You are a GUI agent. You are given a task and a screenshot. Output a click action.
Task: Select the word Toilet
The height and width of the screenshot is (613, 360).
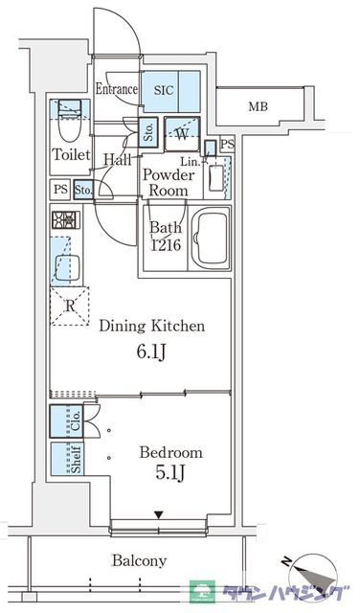(71, 154)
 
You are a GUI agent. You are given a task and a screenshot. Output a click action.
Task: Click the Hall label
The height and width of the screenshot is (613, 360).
(118, 160)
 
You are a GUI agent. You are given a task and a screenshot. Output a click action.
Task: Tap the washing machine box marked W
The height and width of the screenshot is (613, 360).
(182, 133)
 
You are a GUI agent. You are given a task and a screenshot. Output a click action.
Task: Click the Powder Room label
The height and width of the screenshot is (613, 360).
(169, 182)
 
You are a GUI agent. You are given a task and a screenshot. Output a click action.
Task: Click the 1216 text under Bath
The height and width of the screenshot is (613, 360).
(166, 245)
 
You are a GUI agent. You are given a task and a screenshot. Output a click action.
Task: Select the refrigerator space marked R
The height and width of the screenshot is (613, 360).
(69, 306)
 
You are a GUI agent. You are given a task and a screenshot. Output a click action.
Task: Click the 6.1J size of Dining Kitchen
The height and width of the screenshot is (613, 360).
(151, 352)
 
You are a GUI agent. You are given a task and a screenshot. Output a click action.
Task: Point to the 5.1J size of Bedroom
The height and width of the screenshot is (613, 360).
(171, 475)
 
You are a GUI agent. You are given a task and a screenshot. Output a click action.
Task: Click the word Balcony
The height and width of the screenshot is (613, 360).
(140, 561)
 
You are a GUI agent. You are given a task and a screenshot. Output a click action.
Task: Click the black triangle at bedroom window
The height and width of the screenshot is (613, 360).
(160, 517)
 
